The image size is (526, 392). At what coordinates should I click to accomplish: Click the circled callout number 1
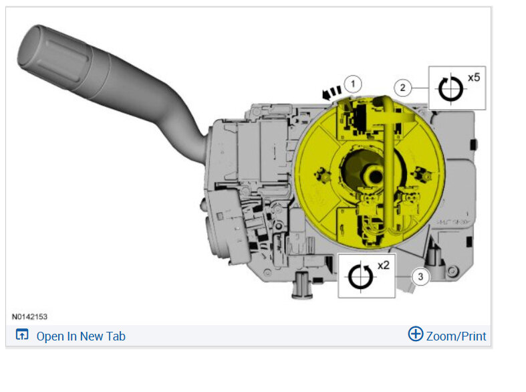tap(353, 84)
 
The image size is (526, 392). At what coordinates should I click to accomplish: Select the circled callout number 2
tap(403, 88)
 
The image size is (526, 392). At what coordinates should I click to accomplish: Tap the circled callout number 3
tap(420, 277)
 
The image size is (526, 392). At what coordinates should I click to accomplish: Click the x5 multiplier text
tap(474, 78)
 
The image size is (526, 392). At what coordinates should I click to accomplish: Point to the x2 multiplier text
tap(384, 266)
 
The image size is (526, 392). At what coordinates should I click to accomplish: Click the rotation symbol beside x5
tap(450, 89)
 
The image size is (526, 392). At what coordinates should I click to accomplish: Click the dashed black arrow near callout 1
tap(332, 92)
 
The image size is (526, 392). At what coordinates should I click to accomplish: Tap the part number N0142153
tap(29, 316)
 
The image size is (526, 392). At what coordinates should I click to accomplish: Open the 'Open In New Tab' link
tap(81, 336)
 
